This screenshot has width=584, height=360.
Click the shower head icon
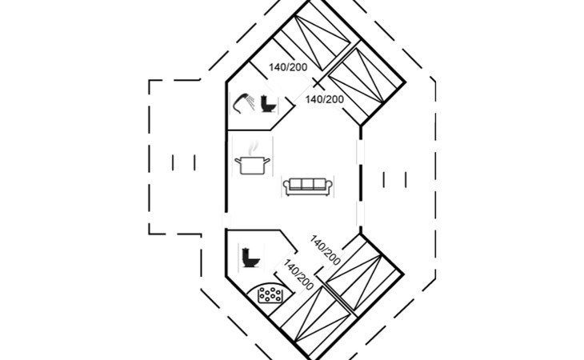[240, 102]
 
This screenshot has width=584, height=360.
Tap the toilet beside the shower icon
[267, 103]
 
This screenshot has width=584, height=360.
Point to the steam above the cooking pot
[253, 149]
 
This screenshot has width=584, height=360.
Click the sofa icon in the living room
[308, 186]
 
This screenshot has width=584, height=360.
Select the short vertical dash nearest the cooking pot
[194, 162]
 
